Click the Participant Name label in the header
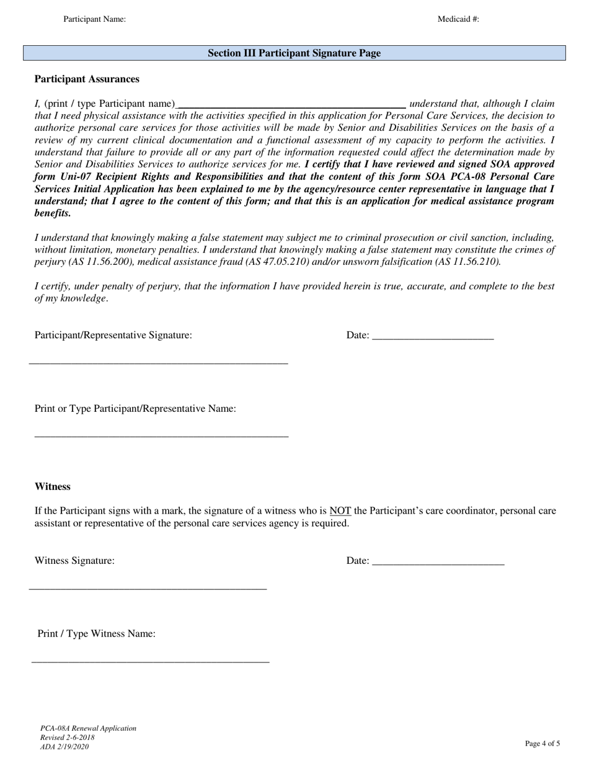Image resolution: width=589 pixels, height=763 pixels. click(94, 19)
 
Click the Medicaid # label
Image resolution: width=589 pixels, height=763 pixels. click(458, 19)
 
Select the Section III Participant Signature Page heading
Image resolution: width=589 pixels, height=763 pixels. click(294, 53)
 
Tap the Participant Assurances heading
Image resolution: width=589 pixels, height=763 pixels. click(87, 79)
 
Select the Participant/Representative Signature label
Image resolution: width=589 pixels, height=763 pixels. click(113, 335)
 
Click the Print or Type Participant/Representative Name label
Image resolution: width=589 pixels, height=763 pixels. click(135, 409)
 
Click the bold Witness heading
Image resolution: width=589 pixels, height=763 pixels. click(53, 486)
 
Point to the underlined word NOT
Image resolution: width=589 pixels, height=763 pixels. click(340, 511)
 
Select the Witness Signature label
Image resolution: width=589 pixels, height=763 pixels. click(74, 561)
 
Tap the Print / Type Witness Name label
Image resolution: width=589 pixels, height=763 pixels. click(96, 633)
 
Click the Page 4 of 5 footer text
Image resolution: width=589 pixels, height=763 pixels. click(542, 743)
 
